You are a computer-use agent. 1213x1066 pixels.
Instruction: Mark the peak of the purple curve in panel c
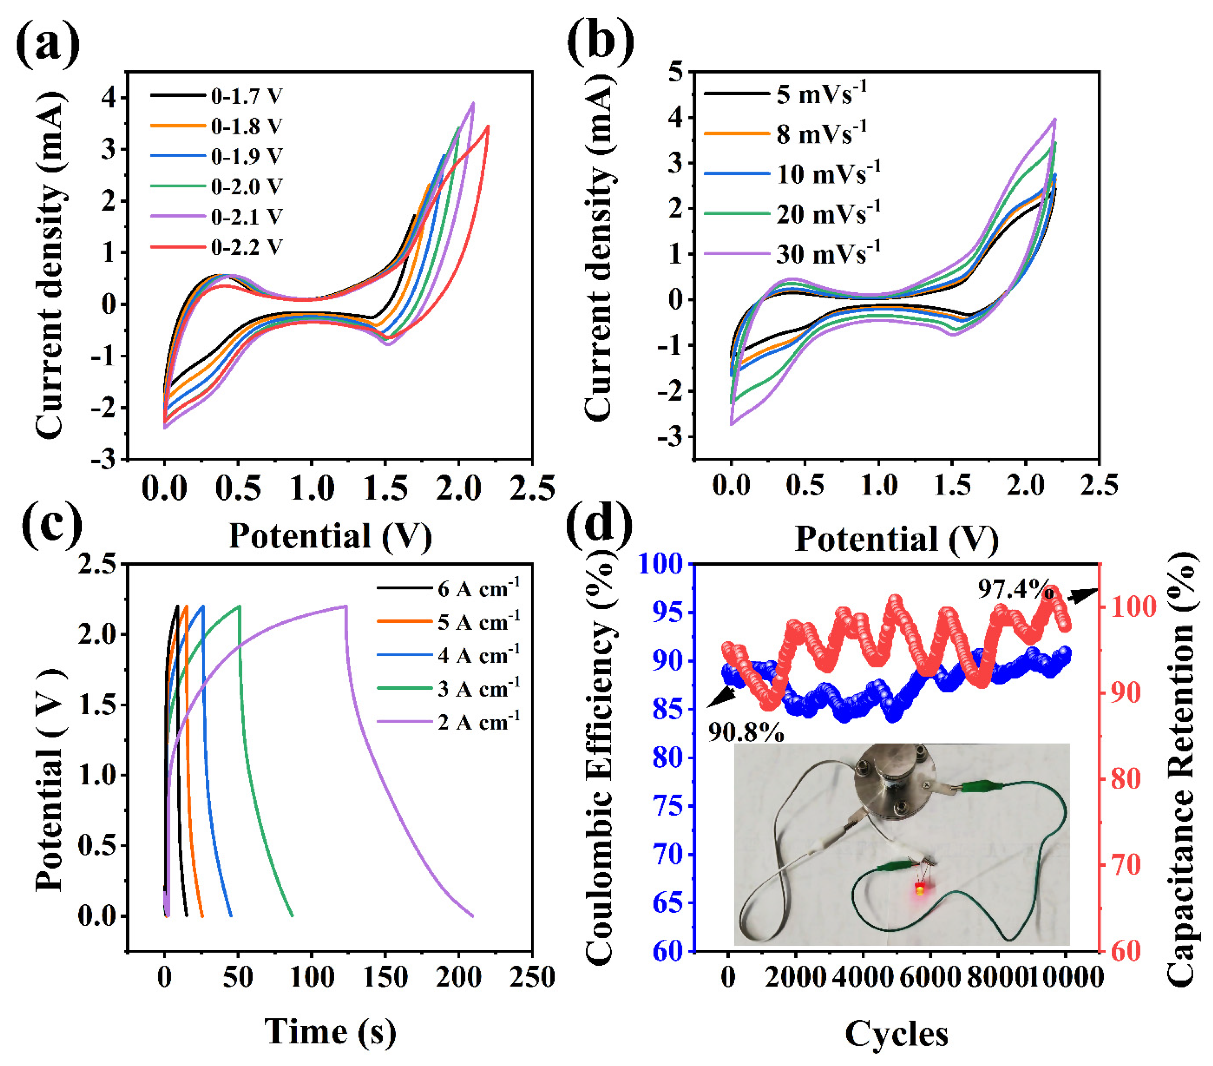[345, 606]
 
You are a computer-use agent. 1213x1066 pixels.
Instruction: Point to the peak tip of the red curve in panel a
[488, 126]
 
